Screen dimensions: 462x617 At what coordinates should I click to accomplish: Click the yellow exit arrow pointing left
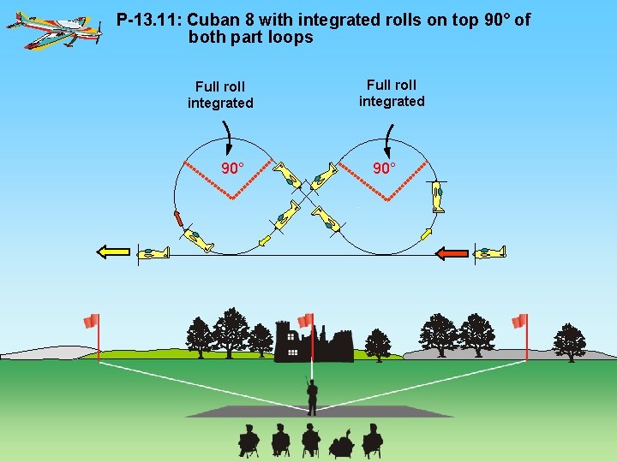click(112, 252)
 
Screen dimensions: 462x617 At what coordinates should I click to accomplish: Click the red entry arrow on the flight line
click(452, 252)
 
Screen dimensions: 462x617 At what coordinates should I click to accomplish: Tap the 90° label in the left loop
click(232, 168)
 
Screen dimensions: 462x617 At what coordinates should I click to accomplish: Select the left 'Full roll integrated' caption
click(220, 95)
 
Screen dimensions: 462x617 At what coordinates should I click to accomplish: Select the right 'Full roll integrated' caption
click(392, 93)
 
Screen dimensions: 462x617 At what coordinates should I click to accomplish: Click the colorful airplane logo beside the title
click(53, 30)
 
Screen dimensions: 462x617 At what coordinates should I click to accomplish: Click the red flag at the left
click(92, 322)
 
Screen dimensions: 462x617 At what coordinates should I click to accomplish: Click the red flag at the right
click(519, 322)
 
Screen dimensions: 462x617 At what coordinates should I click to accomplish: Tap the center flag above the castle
click(305, 319)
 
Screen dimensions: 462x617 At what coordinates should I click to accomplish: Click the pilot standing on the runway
click(312, 395)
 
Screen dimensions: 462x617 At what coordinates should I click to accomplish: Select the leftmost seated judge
click(249, 440)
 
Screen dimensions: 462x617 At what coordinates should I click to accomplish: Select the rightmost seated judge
click(372, 440)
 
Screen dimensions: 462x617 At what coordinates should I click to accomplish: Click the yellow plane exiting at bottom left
click(156, 253)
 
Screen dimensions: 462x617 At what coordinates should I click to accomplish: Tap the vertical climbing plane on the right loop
click(438, 198)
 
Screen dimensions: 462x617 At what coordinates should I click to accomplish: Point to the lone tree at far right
click(569, 341)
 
